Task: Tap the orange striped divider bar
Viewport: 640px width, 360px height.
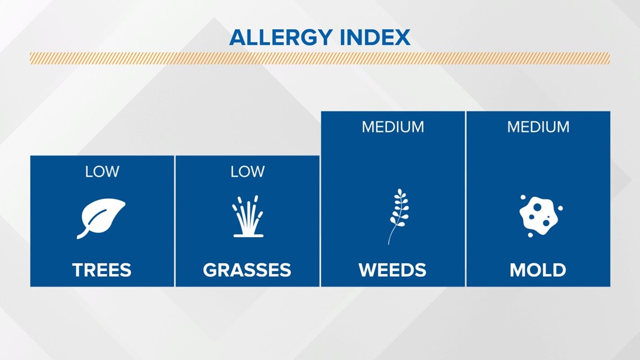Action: pyautogui.click(x=319, y=58)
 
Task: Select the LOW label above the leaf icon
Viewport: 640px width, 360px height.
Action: pyautogui.click(x=102, y=171)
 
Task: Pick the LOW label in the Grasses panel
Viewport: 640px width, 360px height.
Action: pyautogui.click(x=248, y=171)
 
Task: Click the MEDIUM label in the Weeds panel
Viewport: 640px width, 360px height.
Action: pyautogui.click(x=392, y=127)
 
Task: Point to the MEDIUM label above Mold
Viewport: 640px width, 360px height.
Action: pyautogui.click(x=538, y=127)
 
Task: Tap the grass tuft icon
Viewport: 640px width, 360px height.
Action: pyautogui.click(x=248, y=216)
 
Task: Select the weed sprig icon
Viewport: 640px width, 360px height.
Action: pyautogui.click(x=398, y=216)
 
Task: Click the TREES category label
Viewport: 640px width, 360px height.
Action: pyautogui.click(x=102, y=270)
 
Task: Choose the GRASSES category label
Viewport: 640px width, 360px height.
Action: pyautogui.click(x=247, y=270)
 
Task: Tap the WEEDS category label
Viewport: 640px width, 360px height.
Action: pyautogui.click(x=392, y=270)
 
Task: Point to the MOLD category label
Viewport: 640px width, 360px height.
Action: pyautogui.click(x=538, y=270)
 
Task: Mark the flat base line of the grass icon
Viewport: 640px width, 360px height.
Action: pyautogui.click(x=248, y=235)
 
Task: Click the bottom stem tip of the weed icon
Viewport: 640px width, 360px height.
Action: pyautogui.click(x=388, y=244)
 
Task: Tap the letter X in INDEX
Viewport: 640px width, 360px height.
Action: pyautogui.click(x=401, y=38)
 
